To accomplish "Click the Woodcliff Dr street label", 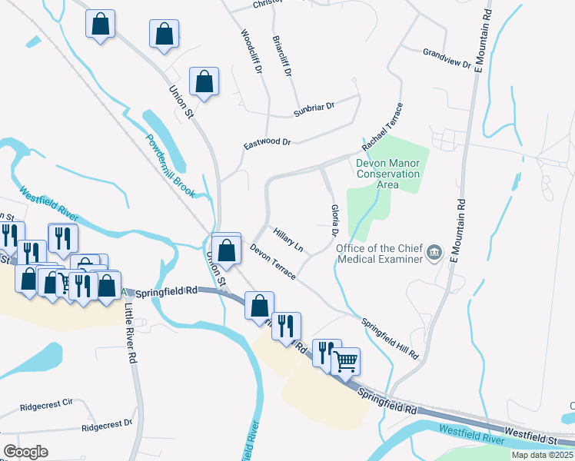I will (251, 52).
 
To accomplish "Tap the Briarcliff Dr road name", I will (282, 56).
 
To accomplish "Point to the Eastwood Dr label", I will (268, 143).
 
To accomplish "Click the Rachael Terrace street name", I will (382, 128).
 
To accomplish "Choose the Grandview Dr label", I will (447, 58).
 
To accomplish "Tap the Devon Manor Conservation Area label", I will (388, 174).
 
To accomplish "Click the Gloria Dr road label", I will (335, 221).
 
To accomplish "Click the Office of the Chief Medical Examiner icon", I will (435, 253).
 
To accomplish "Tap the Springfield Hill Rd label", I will (390, 340).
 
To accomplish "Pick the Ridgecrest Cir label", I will (46, 403).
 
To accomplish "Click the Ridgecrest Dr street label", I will (107, 425).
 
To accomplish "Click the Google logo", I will (25, 452).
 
